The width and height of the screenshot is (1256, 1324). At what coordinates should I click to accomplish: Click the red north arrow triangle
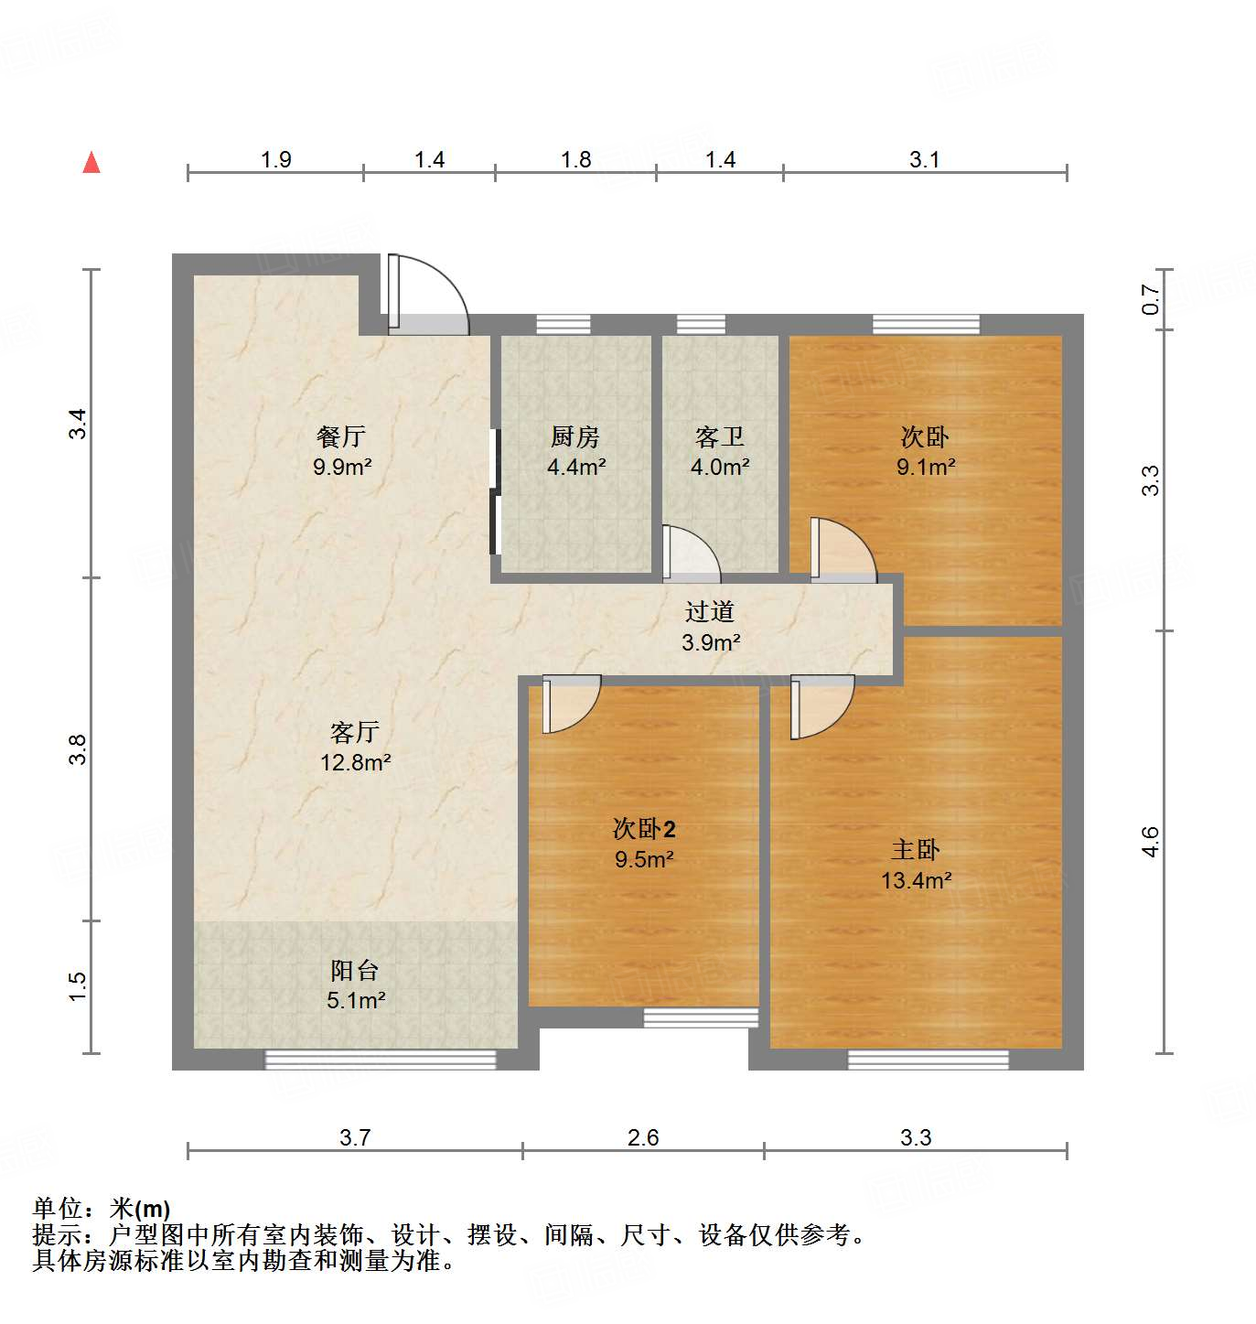click(91, 163)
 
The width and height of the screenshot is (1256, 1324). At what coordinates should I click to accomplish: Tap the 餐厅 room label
click(341, 436)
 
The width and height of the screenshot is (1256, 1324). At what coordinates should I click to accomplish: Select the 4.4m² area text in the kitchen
click(576, 468)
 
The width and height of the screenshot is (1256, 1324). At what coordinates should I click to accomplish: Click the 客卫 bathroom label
click(720, 437)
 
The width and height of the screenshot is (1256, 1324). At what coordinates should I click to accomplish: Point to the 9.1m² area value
click(926, 468)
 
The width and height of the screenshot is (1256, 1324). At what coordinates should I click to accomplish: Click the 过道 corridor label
click(710, 611)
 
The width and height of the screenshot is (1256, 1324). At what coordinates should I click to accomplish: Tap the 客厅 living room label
click(355, 732)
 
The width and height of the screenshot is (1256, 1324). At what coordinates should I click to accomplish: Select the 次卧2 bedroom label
click(644, 829)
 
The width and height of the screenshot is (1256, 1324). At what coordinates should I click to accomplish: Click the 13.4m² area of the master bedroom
click(916, 881)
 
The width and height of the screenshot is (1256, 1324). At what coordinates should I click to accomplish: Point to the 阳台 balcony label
click(355, 970)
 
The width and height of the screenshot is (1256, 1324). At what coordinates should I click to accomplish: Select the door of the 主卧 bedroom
click(821, 705)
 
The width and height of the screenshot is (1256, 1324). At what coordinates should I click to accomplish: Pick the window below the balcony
click(381, 1060)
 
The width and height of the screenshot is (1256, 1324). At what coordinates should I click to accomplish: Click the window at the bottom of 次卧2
click(701, 1017)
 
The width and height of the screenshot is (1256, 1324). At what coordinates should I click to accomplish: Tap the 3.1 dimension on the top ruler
click(924, 160)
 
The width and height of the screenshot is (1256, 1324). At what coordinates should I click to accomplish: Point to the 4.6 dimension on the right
click(1150, 842)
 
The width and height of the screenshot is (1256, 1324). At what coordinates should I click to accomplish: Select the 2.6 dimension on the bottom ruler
click(643, 1137)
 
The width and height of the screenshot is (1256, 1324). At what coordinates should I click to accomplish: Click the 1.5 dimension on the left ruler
click(78, 985)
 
